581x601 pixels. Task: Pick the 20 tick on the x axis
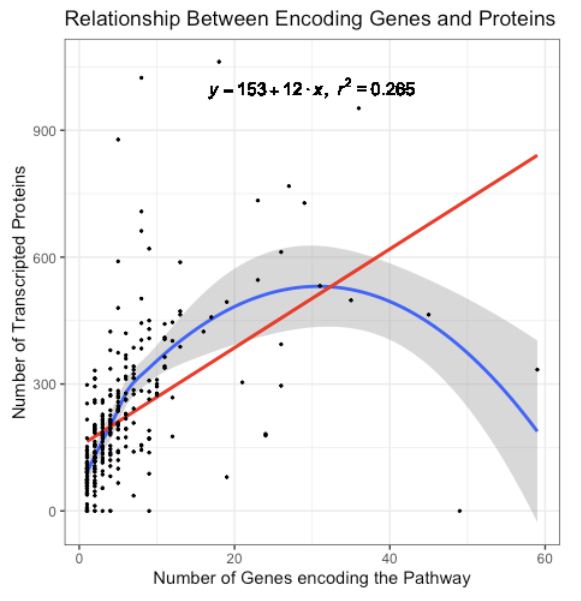[x=234, y=558]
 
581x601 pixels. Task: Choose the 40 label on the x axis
[x=389, y=558]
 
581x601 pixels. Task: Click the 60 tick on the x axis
[x=544, y=558]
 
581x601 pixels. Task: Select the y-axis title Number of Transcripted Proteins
[x=19, y=292]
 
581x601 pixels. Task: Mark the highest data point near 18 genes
[x=219, y=62]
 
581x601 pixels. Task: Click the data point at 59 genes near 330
[x=537, y=369]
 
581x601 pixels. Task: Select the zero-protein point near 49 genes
[x=459, y=511]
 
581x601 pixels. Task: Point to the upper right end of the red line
[x=537, y=156]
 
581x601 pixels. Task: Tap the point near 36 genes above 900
[x=359, y=108]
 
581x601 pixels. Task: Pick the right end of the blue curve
[x=537, y=430]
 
